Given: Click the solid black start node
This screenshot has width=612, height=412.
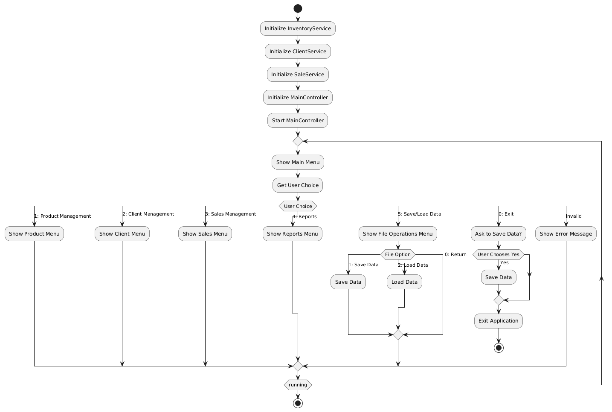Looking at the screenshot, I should tap(298, 9).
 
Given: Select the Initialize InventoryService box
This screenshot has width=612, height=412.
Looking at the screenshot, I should tap(298, 29).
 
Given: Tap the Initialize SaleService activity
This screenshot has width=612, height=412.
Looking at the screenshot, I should tap(298, 75).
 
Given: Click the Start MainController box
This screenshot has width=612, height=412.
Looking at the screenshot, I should tap(298, 121).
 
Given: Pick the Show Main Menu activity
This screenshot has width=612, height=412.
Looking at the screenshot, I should tap(298, 162).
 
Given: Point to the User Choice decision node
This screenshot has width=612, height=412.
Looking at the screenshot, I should tap(298, 206).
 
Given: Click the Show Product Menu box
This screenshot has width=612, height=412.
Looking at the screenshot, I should tap(34, 234).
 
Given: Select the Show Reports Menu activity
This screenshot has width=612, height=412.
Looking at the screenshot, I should tap(292, 234).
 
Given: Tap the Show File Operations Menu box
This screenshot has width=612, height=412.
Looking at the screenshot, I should tap(397, 234).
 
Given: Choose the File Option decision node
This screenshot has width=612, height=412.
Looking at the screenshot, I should tap(397, 254).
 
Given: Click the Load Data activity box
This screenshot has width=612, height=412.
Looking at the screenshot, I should tap(404, 282).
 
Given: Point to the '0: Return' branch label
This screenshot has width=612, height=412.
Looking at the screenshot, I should tap(455, 254).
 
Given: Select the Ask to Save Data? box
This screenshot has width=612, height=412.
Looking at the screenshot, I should tap(498, 234).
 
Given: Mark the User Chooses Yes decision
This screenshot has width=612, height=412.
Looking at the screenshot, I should tap(498, 254).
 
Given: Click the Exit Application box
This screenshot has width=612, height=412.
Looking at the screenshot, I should tap(498, 321).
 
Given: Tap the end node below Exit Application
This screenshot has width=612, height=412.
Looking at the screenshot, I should tap(499, 348).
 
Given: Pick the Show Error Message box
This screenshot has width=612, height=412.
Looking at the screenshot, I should tap(566, 234).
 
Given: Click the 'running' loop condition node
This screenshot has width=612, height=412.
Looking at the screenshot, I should tap(298, 385).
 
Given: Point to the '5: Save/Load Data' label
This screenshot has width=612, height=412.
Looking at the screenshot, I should tap(419, 214).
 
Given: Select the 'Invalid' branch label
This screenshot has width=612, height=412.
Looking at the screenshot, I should tap(573, 216).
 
